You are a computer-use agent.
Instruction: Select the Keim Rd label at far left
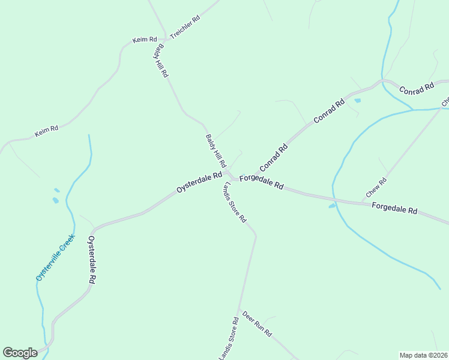point(46,131)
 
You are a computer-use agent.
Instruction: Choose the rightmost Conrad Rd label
point(416,88)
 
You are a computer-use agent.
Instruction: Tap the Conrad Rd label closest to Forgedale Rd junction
point(274,157)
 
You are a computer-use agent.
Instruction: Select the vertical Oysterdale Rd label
point(92,260)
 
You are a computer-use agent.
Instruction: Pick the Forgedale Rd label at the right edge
point(394,209)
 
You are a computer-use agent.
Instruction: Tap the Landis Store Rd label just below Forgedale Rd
point(235,202)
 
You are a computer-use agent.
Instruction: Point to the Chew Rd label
point(376,188)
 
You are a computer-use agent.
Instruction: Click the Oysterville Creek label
point(55,257)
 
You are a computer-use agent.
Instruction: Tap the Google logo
point(20,353)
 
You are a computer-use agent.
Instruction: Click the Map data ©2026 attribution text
point(423,355)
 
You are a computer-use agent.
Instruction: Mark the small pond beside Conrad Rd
point(358,101)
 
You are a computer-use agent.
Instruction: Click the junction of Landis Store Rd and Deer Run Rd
point(240,310)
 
